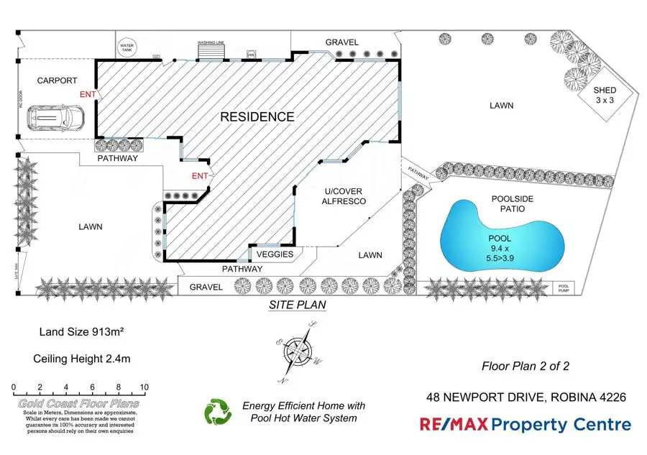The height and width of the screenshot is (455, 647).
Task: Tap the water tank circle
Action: pos(128,47)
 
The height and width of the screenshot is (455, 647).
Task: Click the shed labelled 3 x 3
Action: pos(604,95)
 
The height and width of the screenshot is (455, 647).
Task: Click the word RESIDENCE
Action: pos(257,116)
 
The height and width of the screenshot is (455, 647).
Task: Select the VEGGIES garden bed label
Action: pos(275,254)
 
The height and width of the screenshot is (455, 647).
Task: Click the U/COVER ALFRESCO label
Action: pos(345,196)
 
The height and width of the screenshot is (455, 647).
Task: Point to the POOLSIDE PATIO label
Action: pos(508,203)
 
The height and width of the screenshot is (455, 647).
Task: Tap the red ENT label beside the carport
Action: pos(87,93)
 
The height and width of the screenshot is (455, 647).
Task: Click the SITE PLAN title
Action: pos(297,305)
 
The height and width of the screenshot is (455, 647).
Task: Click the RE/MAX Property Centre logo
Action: pos(526,425)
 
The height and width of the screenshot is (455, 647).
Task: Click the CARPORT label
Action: pos(57,81)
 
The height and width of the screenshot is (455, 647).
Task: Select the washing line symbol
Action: pos(211,52)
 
